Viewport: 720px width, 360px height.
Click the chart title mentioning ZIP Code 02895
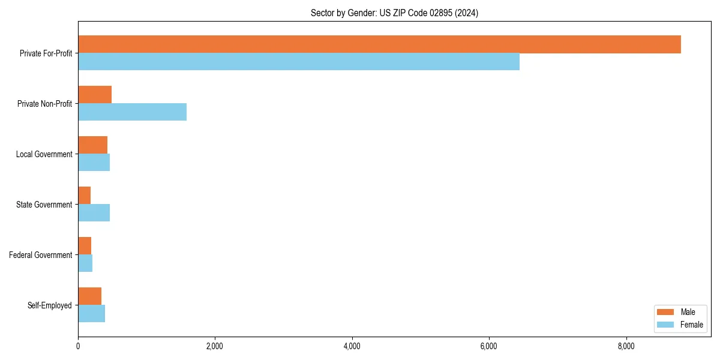point(394,13)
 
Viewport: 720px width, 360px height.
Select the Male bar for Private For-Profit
point(379,44)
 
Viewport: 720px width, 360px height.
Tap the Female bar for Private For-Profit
point(299,62)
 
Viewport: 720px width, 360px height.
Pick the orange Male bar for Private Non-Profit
point(95,95)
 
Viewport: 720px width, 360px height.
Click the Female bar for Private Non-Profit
point(132,112)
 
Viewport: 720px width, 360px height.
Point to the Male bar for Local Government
point(92,145)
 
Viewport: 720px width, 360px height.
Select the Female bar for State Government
point(94,213)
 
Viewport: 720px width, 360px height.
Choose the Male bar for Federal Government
point(85,246)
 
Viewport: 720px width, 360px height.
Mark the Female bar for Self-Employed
point(91,314)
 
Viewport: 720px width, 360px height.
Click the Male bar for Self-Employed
point(89,296)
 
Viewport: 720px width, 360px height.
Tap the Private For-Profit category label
point(46,53)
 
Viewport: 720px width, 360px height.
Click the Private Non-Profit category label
point(44,104)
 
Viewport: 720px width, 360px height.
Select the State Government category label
point(44,205)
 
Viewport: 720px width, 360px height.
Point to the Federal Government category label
point(40,255)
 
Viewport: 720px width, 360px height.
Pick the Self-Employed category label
point(49,305)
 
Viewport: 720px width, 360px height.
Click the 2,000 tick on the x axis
point(215,346)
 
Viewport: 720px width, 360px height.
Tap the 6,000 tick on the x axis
point(489,346)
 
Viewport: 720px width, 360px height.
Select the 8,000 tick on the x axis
point(626,346)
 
